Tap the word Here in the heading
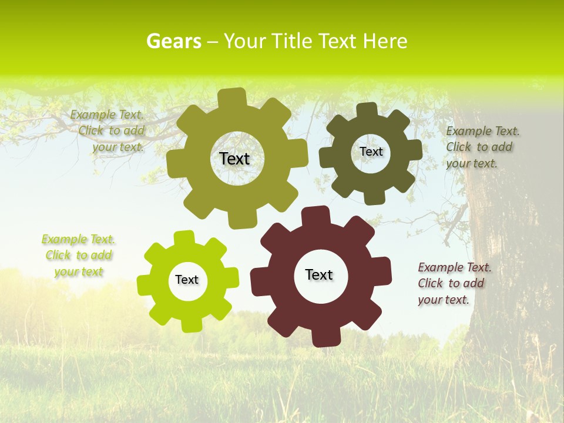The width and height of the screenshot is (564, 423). (384, 41)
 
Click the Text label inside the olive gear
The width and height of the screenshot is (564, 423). (235, 159)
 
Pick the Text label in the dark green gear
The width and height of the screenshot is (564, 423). (371, 152)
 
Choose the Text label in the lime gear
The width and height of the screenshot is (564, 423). (187, 280)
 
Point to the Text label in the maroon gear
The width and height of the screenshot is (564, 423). (319, 275)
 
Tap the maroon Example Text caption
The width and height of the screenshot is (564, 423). (452, 283)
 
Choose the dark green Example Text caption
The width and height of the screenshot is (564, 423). (480, 147)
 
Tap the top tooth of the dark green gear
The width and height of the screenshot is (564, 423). (367, 110)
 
